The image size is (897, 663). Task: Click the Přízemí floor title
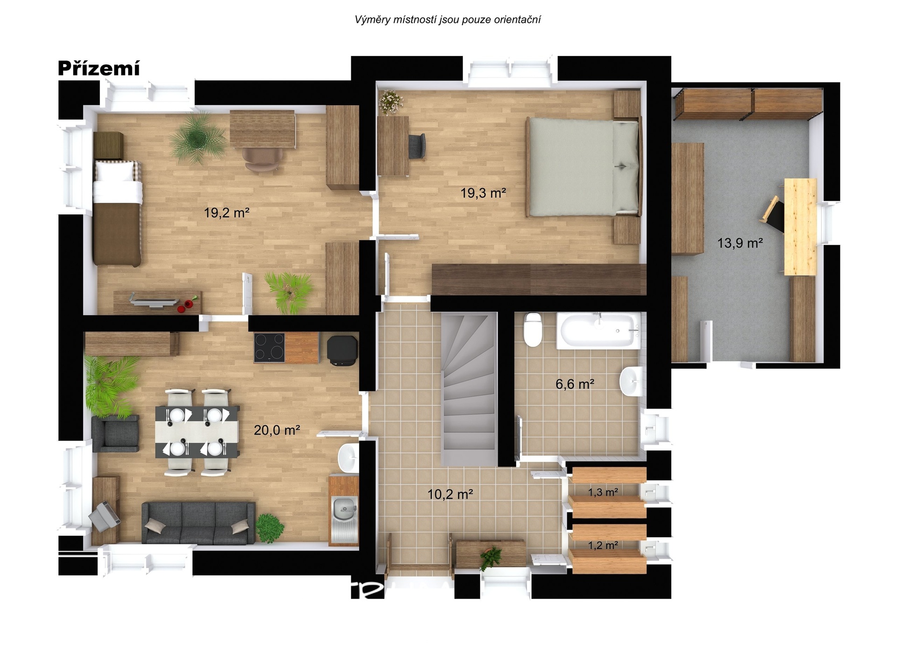(99, 68)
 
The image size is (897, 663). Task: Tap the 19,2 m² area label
(227, 213)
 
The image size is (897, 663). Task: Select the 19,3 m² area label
(483, 192)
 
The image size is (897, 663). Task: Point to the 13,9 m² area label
(740, 243)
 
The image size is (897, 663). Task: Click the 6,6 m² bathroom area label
(575, 384)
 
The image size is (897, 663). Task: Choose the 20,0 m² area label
(277, 430)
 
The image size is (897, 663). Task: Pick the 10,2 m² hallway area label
(450, 494)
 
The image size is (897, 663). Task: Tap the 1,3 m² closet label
(603, 492)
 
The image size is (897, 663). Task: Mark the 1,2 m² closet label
(603, 545)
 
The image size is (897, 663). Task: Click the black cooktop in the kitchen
(269, 348)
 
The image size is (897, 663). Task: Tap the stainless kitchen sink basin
(344, 508)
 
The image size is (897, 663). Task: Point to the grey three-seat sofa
(199, 523)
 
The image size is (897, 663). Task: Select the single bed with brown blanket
(117, 213)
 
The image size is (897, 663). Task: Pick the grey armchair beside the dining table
(115, 434)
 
